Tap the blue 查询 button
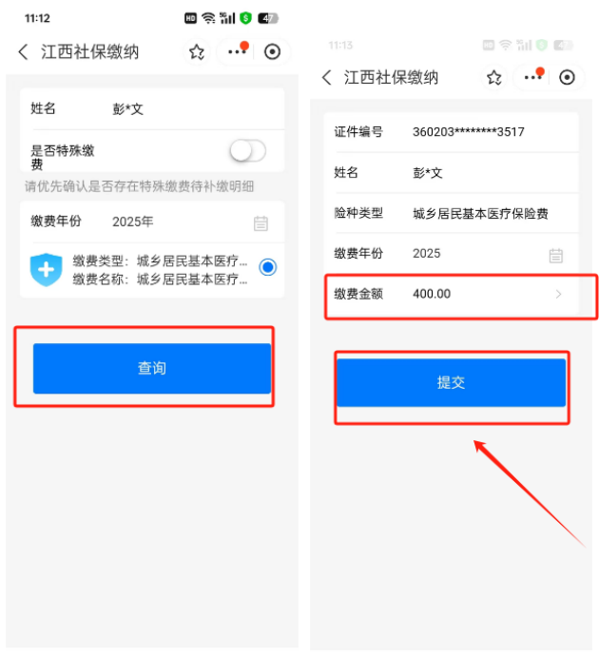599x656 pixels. coord(152,368)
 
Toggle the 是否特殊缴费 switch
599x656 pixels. coord(247,150)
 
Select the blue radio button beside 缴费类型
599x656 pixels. coord(268,267)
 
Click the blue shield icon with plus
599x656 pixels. coord(46,269)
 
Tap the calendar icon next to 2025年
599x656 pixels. coord(261,223)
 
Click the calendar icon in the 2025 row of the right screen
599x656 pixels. coord(556,255)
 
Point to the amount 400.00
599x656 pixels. coord(432,294)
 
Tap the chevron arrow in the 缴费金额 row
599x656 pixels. coord(558,294)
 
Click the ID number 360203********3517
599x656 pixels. coord(469,132)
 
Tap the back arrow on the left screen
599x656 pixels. coord(24,52)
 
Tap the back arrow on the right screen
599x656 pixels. coord(327,77)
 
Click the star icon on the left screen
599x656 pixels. coord(197,52)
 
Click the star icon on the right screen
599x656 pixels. coord(494,78)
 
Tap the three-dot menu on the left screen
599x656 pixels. coord(237,52)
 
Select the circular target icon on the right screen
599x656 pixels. coord(567,77)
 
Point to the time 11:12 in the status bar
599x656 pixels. coord(37,18)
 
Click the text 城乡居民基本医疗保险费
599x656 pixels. coord(480,214)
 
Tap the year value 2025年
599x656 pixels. coord(132,222)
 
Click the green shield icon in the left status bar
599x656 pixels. coord(245,18)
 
